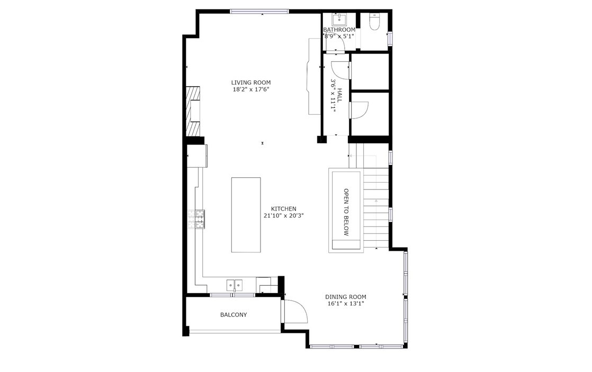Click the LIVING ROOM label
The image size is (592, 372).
[250, 83]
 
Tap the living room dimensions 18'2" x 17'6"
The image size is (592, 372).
[250, 90]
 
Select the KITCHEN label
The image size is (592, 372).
[283, 208]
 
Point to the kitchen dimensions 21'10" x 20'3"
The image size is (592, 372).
[283, 216]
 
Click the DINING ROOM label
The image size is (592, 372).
[345, 297]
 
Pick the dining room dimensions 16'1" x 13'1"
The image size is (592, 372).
[345, 304]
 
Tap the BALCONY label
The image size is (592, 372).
[234, 315]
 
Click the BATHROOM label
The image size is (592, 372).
[339, 30]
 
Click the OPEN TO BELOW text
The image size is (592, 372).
[346, 212]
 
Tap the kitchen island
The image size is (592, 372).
[246, 215]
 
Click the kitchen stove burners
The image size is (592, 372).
[196, 219]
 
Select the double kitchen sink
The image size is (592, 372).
[235, 284]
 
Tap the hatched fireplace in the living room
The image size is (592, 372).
[193, 111]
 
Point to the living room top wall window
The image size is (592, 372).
[260, 11]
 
